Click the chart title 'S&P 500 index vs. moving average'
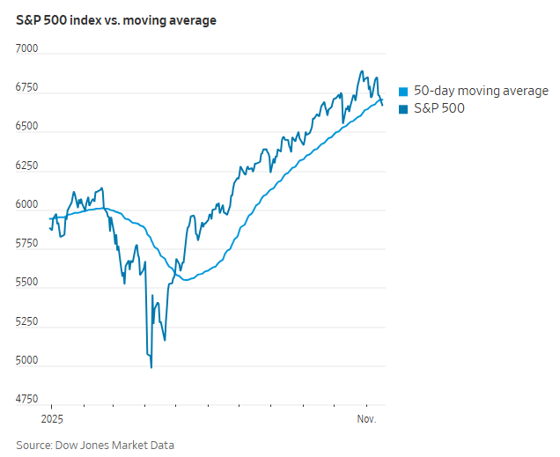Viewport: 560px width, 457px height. click(116, 20)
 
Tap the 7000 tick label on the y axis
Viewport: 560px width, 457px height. click(27, 49)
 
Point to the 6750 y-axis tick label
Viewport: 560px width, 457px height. click(27, 88)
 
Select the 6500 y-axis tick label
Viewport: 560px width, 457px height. click(27, 127)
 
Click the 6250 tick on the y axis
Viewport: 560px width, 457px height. click(27, 166)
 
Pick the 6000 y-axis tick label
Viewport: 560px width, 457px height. click(27, 205)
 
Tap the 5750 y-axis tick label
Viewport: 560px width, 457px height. click(27, 244)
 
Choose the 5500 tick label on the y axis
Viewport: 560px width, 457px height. click(27, 283)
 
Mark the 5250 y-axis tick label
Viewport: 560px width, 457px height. click(27, 321)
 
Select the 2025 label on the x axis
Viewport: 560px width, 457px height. click(53, 419)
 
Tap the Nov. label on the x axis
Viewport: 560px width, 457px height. click(365, 419)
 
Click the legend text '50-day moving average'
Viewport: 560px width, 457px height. click(481, 91)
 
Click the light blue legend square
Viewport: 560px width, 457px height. click(404, 92)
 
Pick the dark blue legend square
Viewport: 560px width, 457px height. click(404, 109)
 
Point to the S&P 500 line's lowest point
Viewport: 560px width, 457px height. click(151, 367)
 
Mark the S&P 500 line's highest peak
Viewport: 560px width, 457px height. click(361, 71)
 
